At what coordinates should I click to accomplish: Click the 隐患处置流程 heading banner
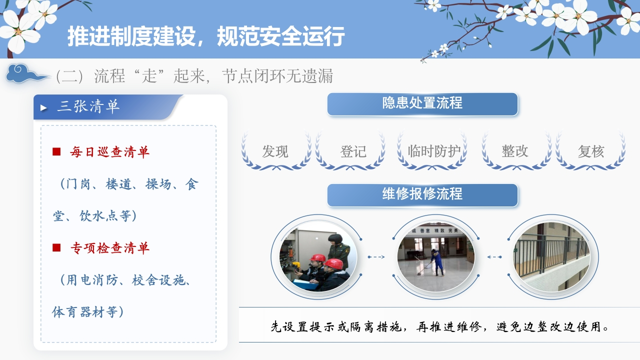click(422, 104)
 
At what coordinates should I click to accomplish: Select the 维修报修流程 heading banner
click(422, 195)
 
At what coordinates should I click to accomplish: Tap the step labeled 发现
click(275, 151)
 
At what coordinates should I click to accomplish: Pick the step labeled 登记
click(353, 151)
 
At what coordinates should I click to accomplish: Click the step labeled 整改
click(515, 151)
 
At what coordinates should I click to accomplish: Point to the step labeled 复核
click(591, 151)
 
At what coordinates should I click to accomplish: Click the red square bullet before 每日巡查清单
click(56, 151)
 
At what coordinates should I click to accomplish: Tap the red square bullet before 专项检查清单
click(56, 247)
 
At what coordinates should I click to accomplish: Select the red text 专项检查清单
click(110, 247)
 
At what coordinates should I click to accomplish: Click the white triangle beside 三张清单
click(43, 107)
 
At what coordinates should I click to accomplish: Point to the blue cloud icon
click(27, 73)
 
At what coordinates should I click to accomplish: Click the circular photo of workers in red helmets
click(318, 257)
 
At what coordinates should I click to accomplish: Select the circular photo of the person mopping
click(436, 257)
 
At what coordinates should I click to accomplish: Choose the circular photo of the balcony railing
click(551, 257)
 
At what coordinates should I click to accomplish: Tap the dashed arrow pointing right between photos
click(376, 257)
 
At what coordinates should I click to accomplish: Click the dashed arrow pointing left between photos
click(494, 257)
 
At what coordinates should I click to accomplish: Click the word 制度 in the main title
click(131, 36)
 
